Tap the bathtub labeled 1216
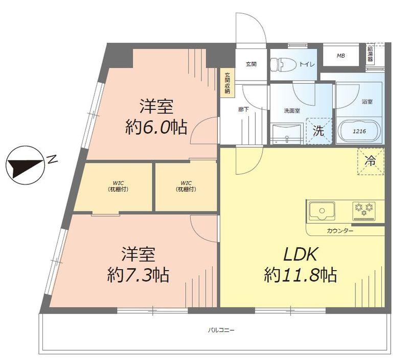(360, 131)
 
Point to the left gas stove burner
(357, 208)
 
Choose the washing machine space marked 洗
(318, 131)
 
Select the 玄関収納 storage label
(226, 83)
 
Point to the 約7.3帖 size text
(138, 275)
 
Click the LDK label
(299, 254)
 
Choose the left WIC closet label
(117, 186)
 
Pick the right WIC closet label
(186, 186)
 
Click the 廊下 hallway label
(243, 109)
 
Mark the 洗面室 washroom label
(292, 110)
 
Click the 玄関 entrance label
(251, 64)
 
